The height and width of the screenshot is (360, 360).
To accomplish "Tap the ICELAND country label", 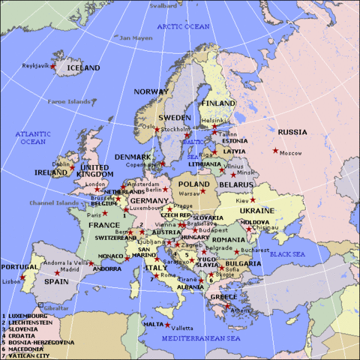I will click(83, 67).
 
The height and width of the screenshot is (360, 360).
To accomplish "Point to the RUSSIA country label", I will click(292, 132).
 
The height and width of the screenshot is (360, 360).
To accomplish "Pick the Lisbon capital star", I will click(22, 277).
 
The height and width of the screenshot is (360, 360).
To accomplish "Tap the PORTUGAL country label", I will click(19, 266).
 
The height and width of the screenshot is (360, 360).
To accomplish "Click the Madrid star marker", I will click(57, 272).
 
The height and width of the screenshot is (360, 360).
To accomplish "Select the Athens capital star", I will click(231, 305).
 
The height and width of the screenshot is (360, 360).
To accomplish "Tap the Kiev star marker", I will click(253, 200).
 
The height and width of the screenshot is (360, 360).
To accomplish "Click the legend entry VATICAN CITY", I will click(31, 355).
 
